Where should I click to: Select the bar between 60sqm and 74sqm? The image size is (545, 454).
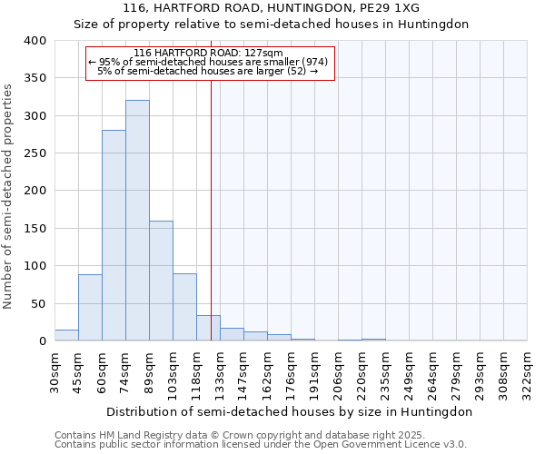(x=114, y=235)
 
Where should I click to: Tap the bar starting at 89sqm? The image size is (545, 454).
(x=161, y=281)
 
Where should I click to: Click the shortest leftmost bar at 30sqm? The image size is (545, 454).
(x=66, y=335)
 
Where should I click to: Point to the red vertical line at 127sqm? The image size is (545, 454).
(x=211, y=209)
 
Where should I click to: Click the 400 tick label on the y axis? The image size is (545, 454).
(x=35, y=41)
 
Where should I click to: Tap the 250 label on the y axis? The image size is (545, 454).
(x=35, y=153)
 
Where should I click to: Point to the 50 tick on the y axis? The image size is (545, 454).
(x=38, y=303)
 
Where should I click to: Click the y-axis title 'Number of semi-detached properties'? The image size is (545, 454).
(x=8, y=195)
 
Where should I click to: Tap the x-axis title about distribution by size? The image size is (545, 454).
(x=289, y=411)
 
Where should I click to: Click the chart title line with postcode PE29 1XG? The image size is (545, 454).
(x=271, y=8)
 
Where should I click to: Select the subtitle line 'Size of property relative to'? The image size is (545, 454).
(x=271, y=25)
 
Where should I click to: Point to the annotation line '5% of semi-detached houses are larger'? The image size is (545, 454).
(x=208, y=71)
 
